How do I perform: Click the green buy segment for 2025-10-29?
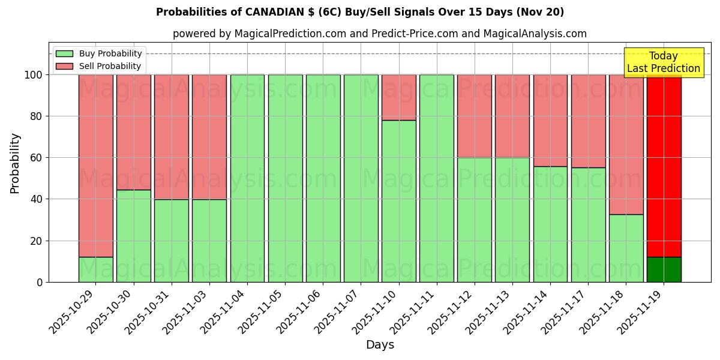[95, 269]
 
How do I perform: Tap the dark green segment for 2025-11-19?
[664, 269]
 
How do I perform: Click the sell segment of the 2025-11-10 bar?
[399, 97]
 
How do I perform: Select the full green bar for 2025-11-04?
[247, 178]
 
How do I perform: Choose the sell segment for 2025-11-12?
[475, 116]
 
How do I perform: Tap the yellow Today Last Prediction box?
[663, 62]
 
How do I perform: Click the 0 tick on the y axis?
[40, 282]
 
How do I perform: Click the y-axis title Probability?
[15, 163]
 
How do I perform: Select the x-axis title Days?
[380, 345]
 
